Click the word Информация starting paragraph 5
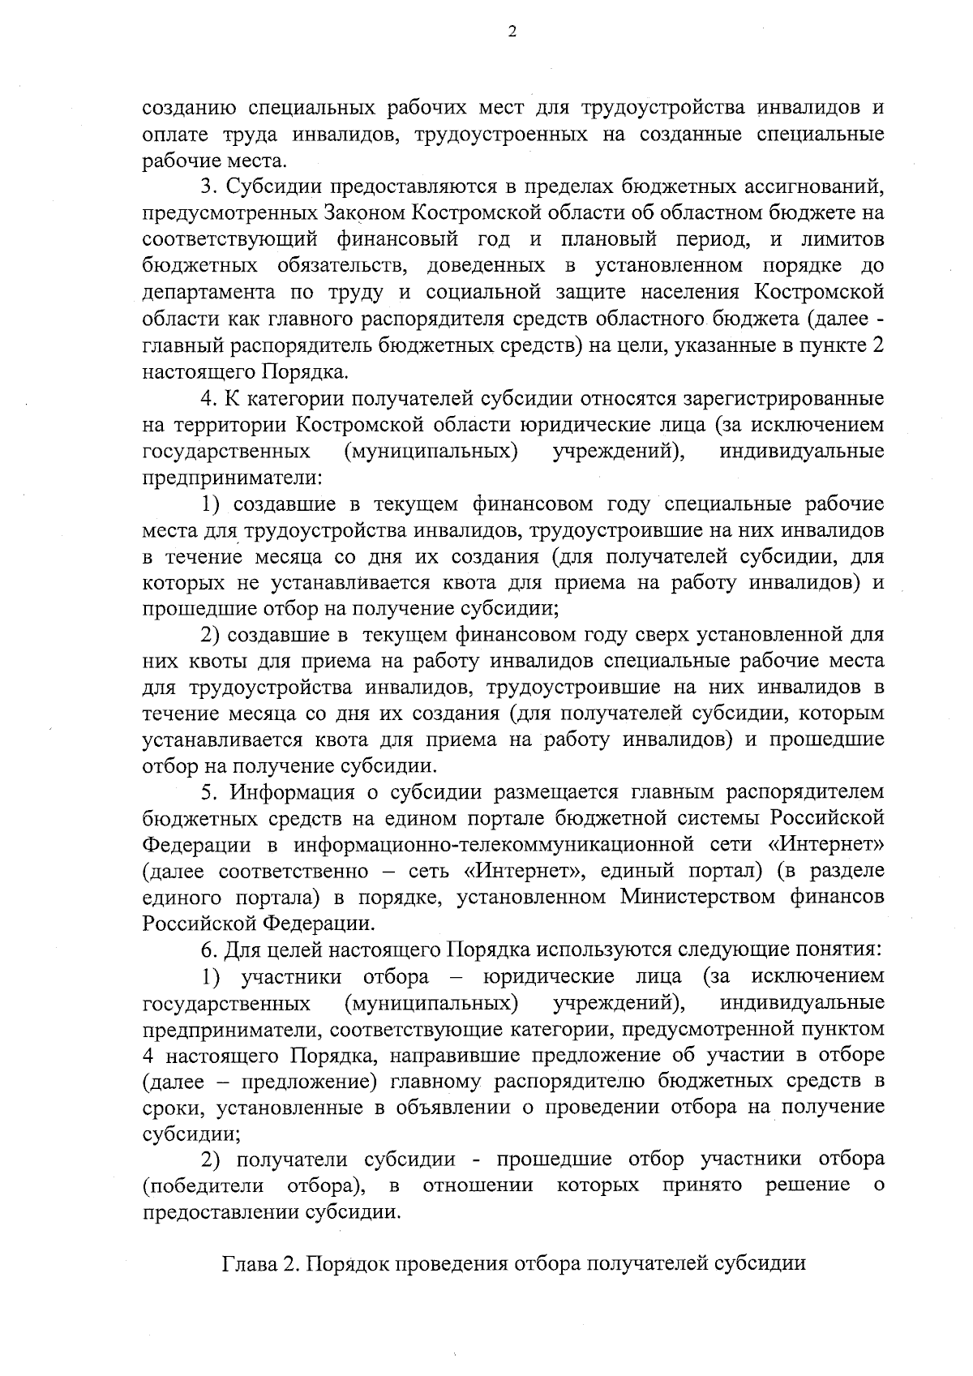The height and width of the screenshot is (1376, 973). [294, 792]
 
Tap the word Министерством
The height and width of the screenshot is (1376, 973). [709, 898]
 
